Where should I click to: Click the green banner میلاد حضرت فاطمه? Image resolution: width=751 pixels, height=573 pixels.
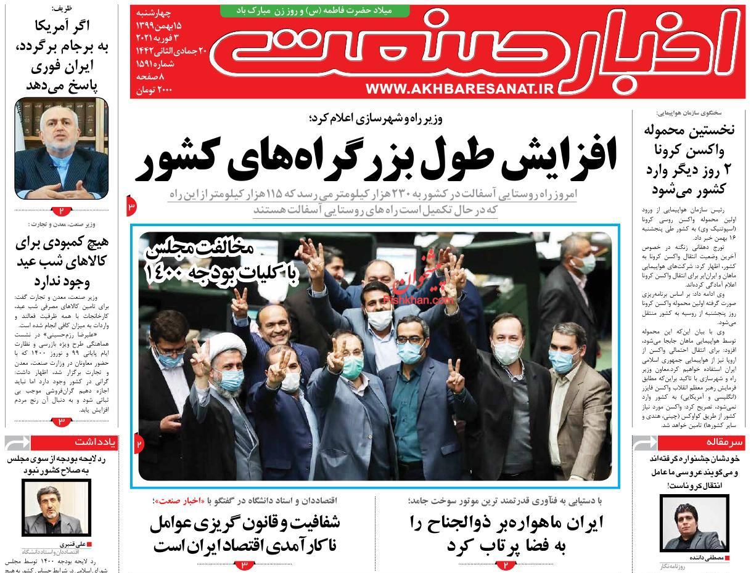[x=306, y=10]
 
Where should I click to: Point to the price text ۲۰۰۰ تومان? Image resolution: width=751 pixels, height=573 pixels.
[x=154, y=90]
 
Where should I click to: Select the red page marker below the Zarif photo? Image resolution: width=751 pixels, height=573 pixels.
[x=62, y=210]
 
